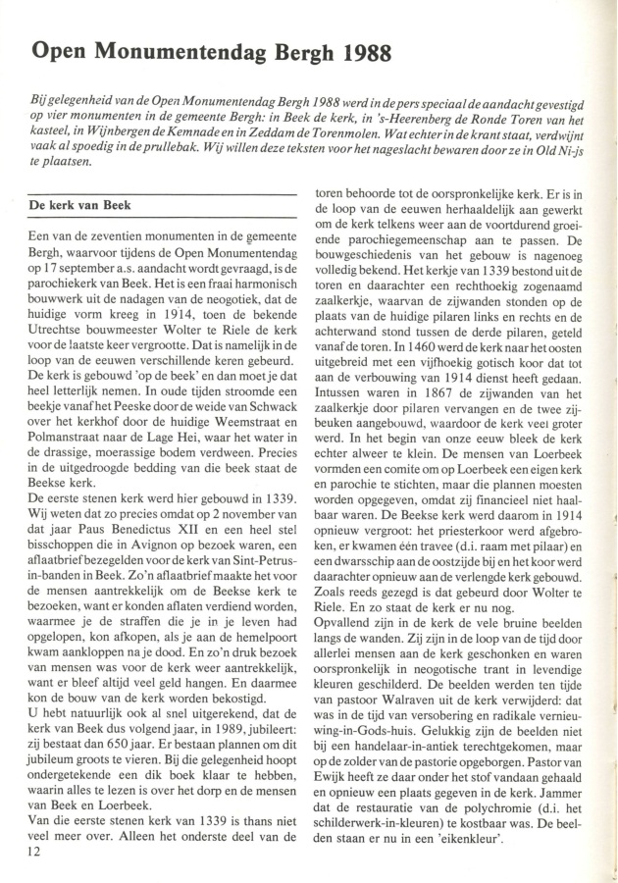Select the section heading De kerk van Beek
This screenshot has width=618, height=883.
(79, 206)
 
